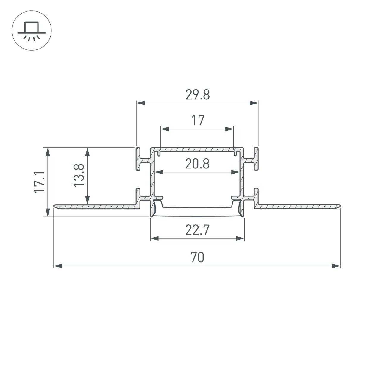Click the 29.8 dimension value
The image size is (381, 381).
pos(197,95)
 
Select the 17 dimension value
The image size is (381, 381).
pos(198,121)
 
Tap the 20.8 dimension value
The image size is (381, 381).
pos(197,164)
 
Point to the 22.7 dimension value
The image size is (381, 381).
pos(197,230)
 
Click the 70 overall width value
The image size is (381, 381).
pos(197,257)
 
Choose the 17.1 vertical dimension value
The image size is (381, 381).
pos(39,182)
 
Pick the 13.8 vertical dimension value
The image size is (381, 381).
pos(79,176)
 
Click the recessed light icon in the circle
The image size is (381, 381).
pos(32,31)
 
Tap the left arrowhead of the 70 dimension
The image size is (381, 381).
pos(57,266)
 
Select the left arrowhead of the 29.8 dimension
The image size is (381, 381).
pos(140,103)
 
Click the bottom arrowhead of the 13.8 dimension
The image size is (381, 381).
pos(87,201)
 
